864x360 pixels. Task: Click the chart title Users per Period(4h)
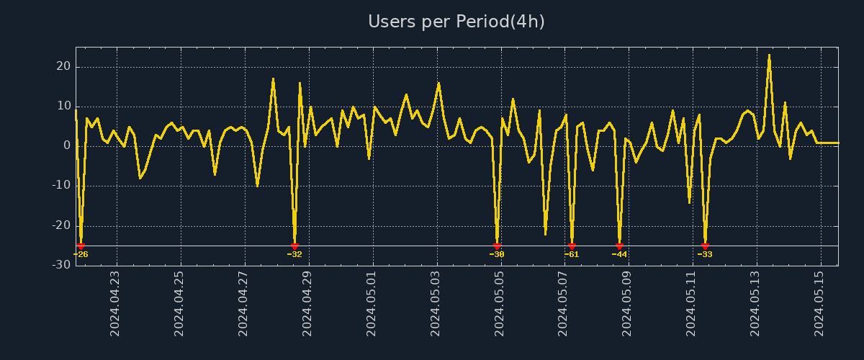pos(456,22)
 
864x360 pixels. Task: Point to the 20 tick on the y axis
pos(63,66)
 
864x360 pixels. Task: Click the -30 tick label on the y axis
pos(61,265)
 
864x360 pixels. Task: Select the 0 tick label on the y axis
pos(67,146)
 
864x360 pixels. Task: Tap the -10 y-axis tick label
pos(61,186)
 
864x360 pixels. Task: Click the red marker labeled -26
pos(81,246)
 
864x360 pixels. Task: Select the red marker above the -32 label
pos(294,246)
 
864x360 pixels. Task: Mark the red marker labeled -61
pos(572,246)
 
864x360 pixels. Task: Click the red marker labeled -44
pos(619,246)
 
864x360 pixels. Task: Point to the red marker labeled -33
pos(705,246)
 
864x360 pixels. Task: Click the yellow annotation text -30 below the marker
pos(497,254)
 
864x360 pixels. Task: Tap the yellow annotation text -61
pos(572,254)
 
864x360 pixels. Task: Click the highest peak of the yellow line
pos(769,55)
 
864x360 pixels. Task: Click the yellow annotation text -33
pos(705,254)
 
